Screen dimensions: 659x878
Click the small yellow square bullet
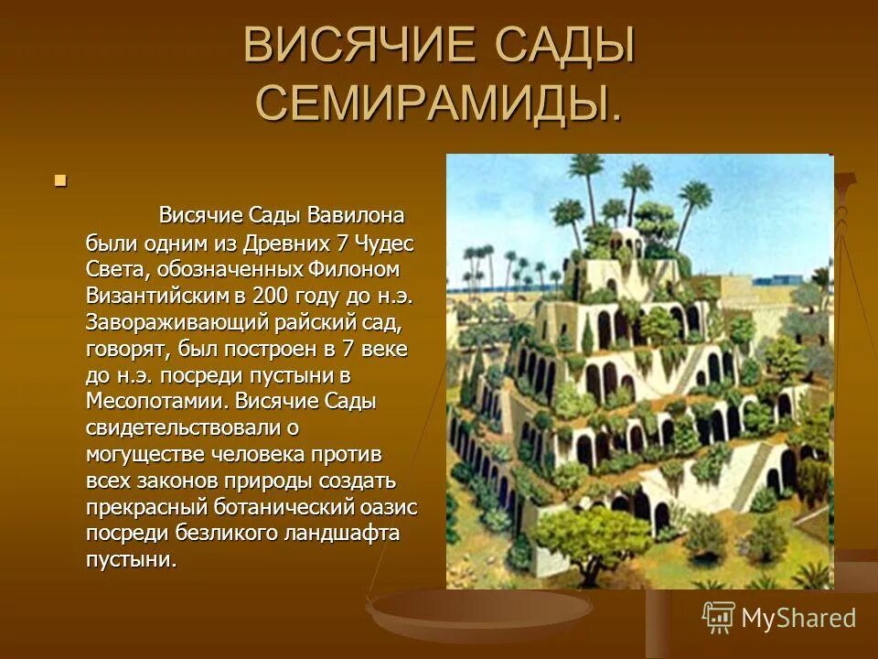pyautogui.click(x=61, y=180)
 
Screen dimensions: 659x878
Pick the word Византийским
pyautogui.click(x=158, y=296)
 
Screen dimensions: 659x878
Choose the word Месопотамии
pyautogui.click(x=155, y=401)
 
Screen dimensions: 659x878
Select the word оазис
pyautogui.click(x=391, y=506)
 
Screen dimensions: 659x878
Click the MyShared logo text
pyautogui.click(x=798, y=618)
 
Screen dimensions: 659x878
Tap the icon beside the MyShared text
pyautogui.click(x=719, y=617)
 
